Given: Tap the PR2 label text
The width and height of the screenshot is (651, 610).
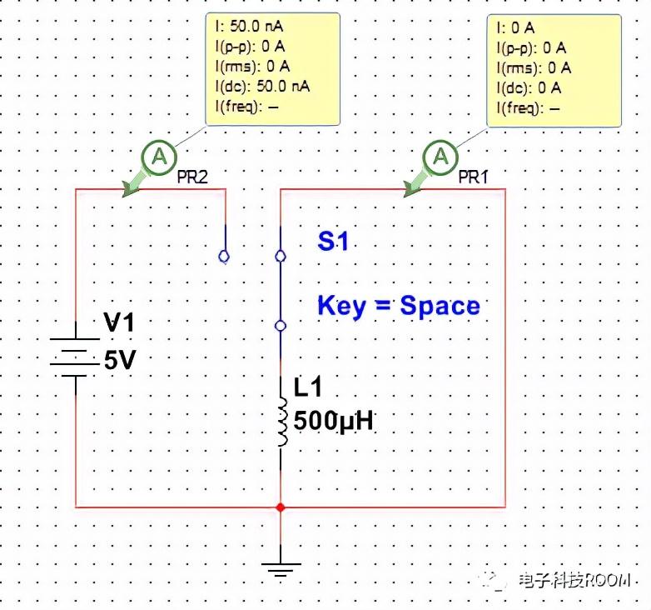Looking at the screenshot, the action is pyautogui.click(x=192, y=177).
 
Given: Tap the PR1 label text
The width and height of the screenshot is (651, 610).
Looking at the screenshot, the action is pyautogui.click(x=474, y=177).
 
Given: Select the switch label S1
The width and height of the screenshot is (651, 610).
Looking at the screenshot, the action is pyautogui.click(x=333, y=241).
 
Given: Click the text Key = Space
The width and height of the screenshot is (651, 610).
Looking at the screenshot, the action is pyautogui.click(x=399, y=306).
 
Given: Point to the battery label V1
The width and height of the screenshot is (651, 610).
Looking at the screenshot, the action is pyautogui.click(x=119, y=322).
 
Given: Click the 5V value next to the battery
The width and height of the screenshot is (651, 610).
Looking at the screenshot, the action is pyautogui.click(x=120, y=360).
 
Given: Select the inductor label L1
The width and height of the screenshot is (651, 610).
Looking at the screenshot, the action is pyautogui.click(x=308, y=387).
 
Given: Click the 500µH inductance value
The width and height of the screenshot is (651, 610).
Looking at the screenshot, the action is pyautogui.click(x=333, y=421).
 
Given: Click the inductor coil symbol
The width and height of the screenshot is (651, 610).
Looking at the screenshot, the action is pyautogui.click(x=282, y=422).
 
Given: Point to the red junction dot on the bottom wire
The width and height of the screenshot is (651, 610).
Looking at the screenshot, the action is pyautogui.click(x=281, y=507).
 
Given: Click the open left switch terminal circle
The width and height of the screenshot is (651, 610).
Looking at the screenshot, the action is pyautogui.click(x=224, y=257).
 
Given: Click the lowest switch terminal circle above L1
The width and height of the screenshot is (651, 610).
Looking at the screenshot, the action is pyautogui.click(x=281, y=326).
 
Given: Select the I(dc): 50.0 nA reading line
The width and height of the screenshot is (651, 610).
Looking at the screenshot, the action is pyautogui.click(x=262, y=87).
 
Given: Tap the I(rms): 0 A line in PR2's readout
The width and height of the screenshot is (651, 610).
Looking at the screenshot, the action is pyautogui.click(x=252, y=67).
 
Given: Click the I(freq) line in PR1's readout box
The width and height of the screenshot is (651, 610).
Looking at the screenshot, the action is pyautogui.click(x=528, y=109).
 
